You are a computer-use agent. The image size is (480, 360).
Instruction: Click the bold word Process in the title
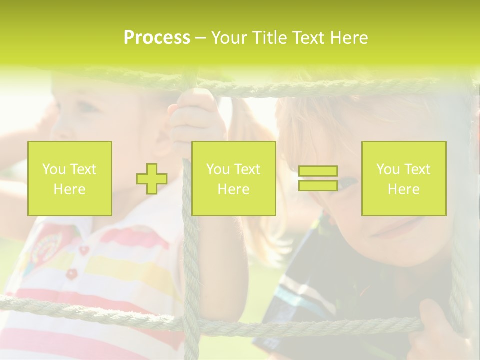157,38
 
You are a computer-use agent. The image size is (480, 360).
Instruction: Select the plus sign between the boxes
152,179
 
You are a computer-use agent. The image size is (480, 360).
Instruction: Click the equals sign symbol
318,178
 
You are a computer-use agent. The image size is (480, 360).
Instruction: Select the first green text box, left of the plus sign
70,178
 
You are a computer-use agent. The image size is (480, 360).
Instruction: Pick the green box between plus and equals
233,178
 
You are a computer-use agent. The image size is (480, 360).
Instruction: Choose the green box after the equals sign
404,178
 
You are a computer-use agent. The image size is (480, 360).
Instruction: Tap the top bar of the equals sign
318,171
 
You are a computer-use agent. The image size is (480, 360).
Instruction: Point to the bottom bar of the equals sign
318,185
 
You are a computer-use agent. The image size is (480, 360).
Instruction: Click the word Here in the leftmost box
69,189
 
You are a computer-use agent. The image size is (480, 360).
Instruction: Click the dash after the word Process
201,38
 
